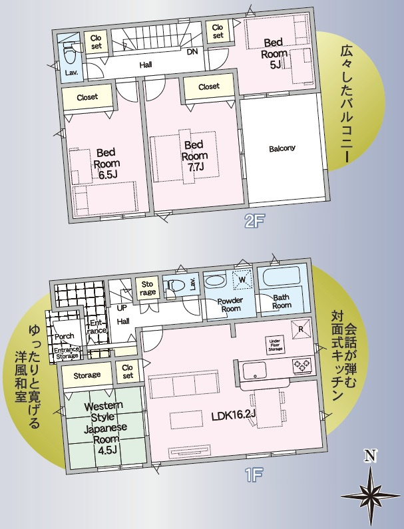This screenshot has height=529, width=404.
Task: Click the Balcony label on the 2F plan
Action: [x=282, y=148]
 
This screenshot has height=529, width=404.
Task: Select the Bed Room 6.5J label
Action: [x=105, y=162]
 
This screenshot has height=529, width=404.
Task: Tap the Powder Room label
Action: [x=230, y=304]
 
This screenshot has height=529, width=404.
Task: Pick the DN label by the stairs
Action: [x=192, y=53]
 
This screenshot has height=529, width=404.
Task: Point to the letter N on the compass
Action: [x=370, y=456]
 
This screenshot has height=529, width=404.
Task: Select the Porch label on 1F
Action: [x=64, y=336]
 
